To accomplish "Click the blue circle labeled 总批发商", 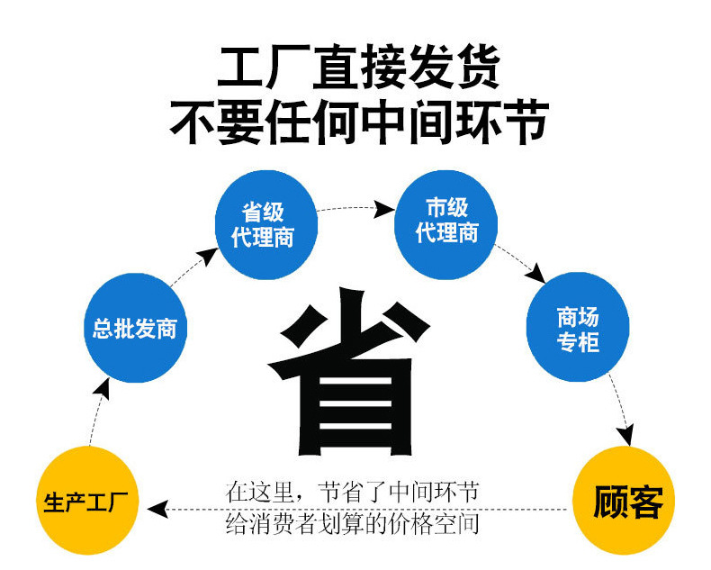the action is (x=136, y=328).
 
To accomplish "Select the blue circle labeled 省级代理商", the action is (x=266, y=224).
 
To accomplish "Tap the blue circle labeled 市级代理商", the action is (x=446, y=224).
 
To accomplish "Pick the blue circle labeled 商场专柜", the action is (x=578, y=327).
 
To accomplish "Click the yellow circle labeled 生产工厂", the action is (x=87, y=501).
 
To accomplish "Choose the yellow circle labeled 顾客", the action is (x=624, y=501).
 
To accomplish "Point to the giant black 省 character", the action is (x=348, y=371).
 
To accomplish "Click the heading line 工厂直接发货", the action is (x=358, y=67).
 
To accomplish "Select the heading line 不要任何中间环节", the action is (x=359, y=122).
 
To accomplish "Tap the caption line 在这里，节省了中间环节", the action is (x=352, y=492).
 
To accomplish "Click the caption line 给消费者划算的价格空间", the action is (x=352, y=524).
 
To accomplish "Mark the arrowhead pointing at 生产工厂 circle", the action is (x=157, y=509).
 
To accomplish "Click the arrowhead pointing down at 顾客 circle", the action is (x=625, y=435).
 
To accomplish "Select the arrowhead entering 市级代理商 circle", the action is (x=383, y=209).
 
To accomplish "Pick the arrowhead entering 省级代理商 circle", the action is (x=209, y=256).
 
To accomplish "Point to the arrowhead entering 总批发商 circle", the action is (x=103, y=388).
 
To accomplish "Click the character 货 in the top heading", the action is (x=478, y=67).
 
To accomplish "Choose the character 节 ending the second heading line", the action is (x=526, y=122).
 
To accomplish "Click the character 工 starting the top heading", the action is (x=240, y=67).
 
